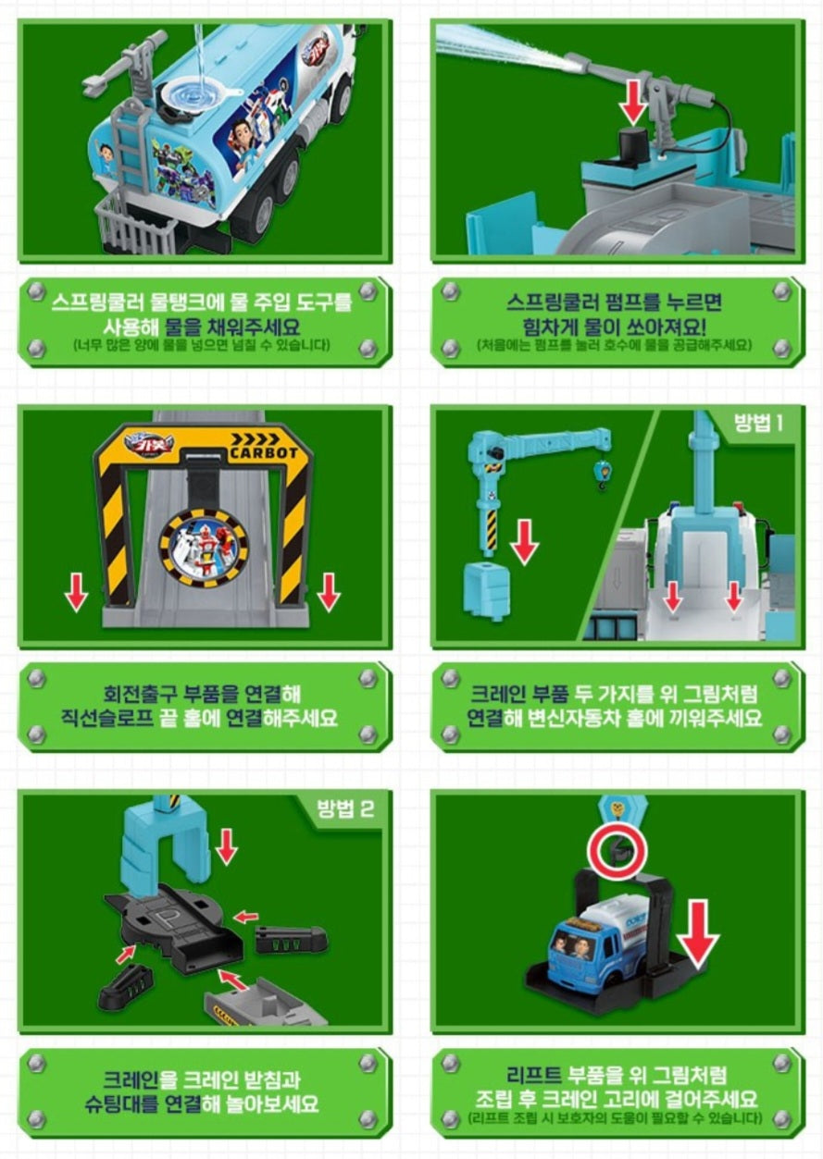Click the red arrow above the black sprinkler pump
coord(632,101)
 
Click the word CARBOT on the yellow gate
coord(264,452)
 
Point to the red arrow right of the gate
coord(329,591)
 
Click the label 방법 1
coord(758,424)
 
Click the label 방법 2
coord(345,808)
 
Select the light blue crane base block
coord(486,591)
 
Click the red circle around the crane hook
coord(617,849)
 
